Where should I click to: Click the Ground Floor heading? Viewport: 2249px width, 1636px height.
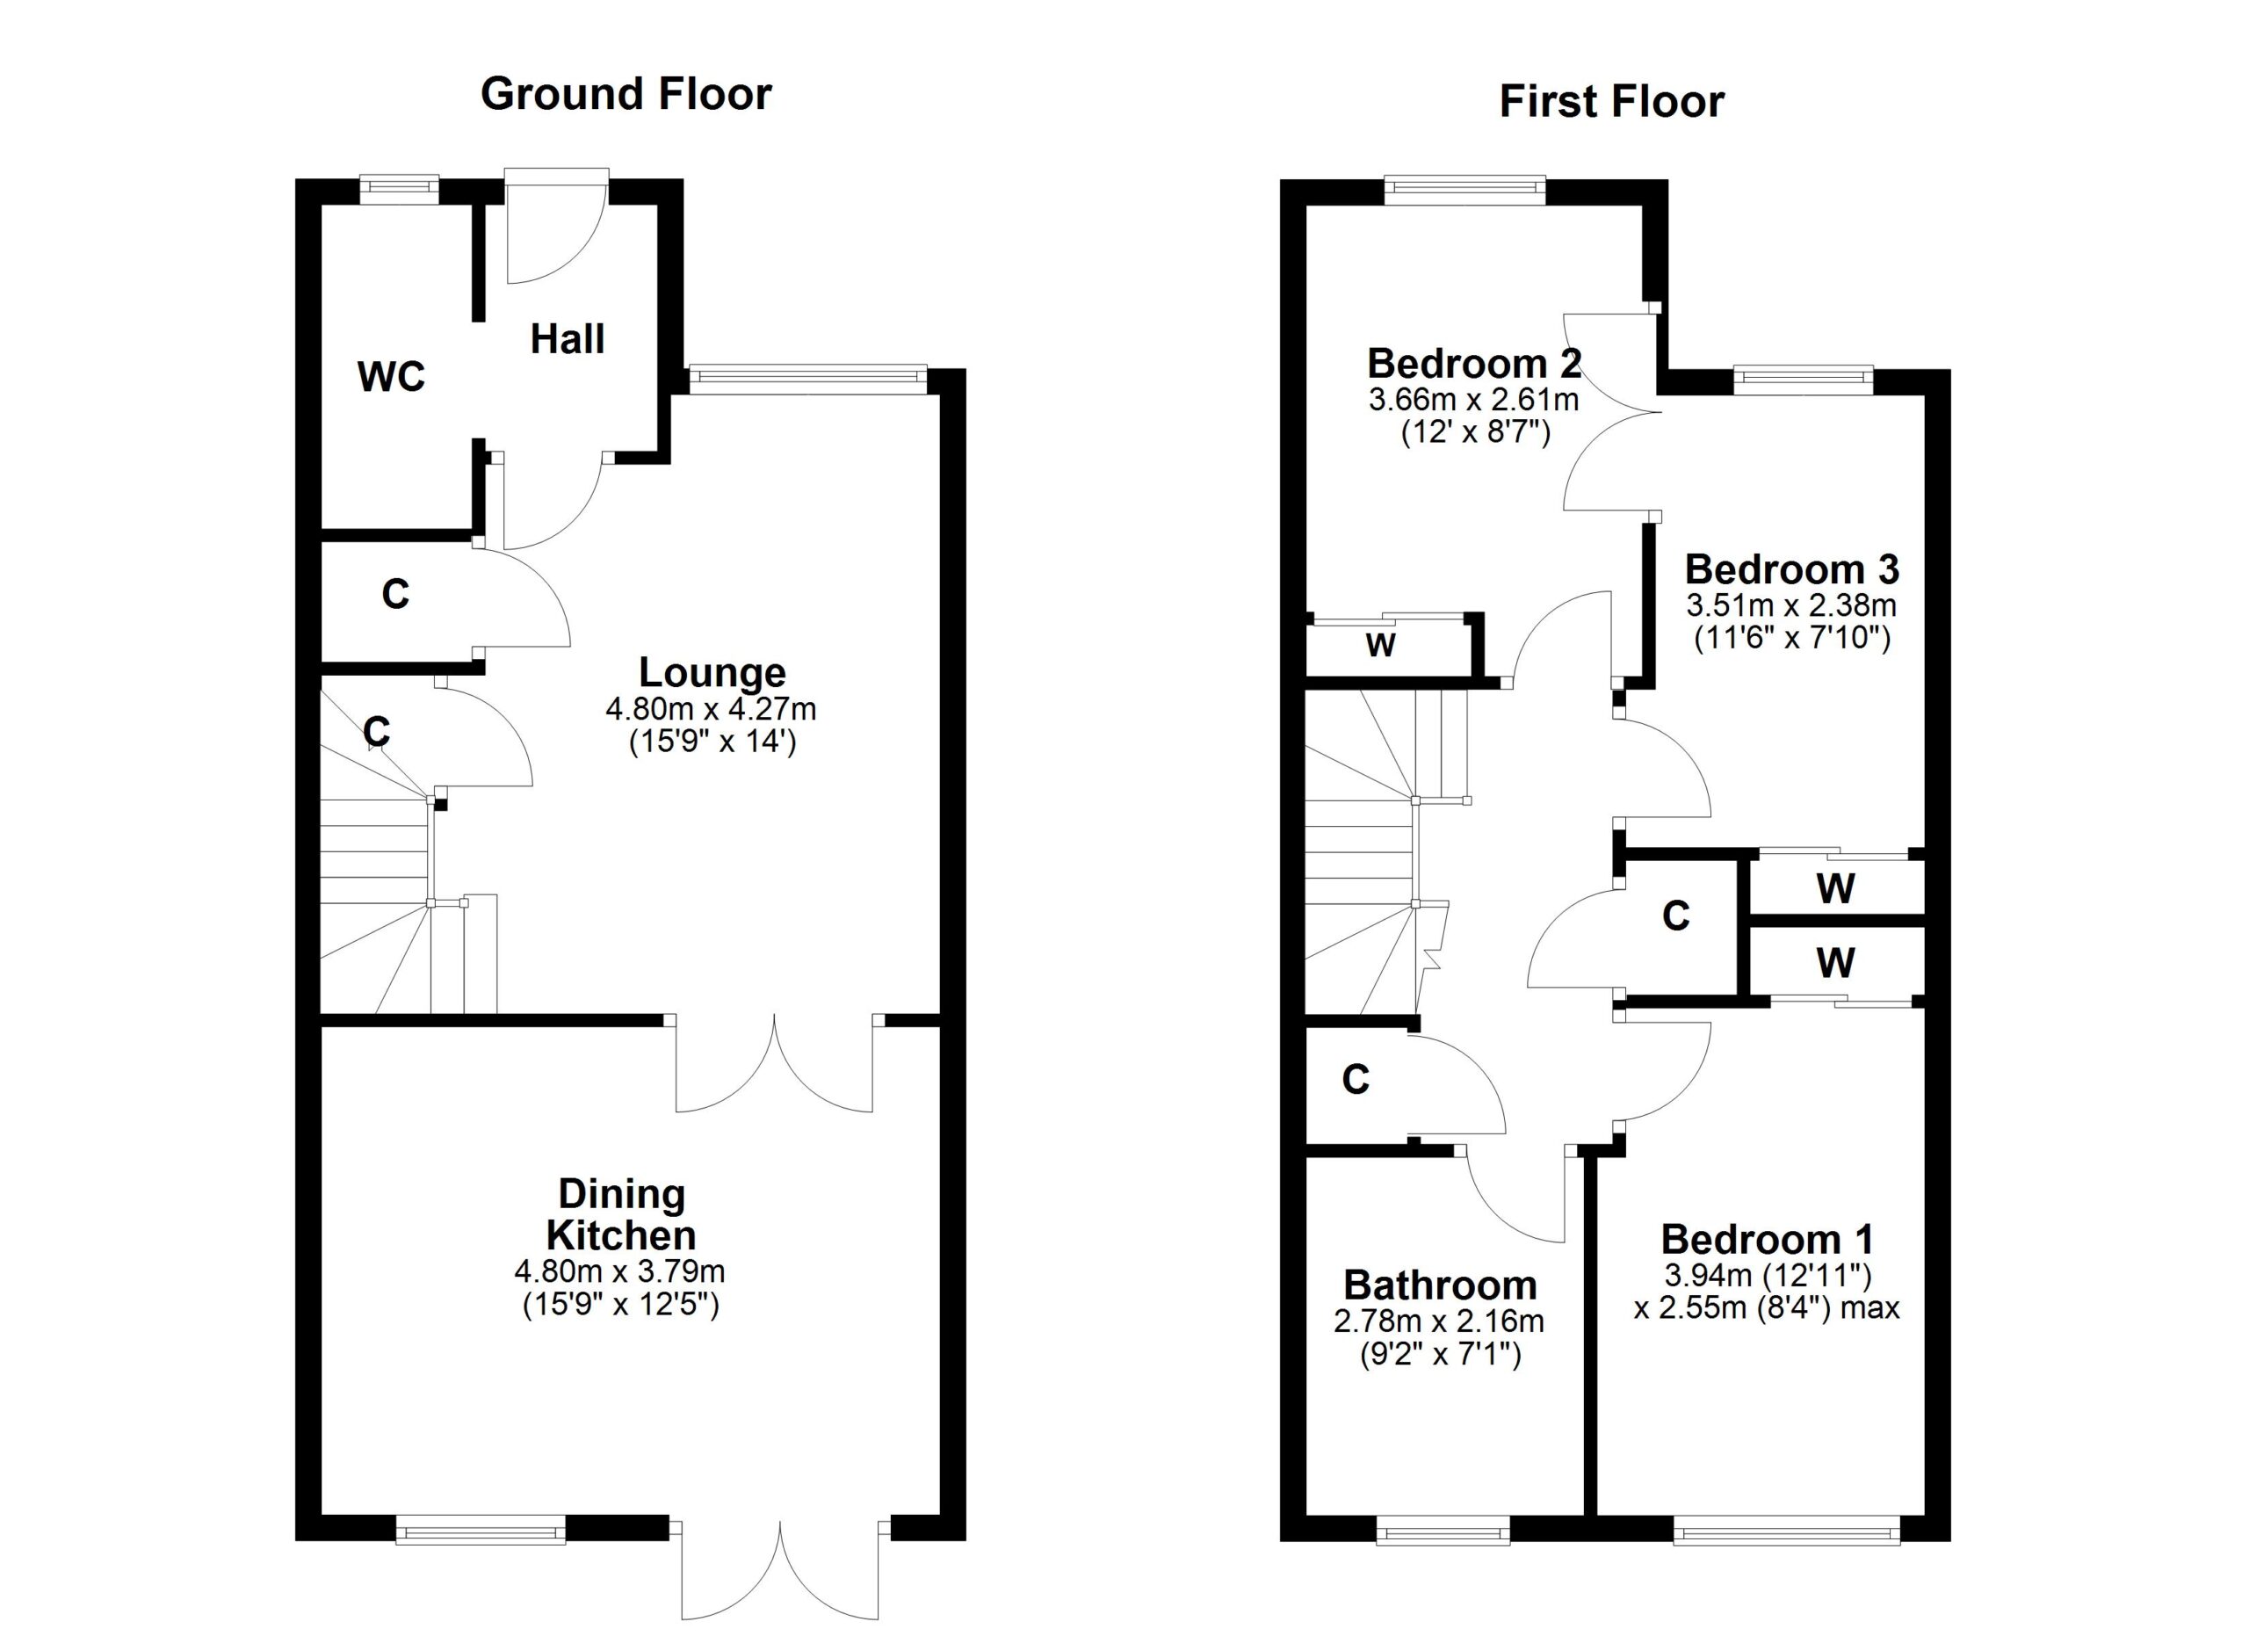tap(626, 94)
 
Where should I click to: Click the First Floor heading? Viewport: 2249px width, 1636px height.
tap(1611, 102)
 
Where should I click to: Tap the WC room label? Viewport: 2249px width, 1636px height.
tap(392, 377)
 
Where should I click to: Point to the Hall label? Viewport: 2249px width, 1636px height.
tap(568, 339)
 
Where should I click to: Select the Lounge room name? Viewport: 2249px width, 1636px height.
tap(712, 672)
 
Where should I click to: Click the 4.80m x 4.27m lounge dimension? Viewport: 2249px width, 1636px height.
tap(711, 709)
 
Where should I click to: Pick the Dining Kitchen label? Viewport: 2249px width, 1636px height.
tap(622, 1214)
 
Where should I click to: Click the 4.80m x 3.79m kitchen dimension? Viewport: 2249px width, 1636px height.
tap(619, 1271)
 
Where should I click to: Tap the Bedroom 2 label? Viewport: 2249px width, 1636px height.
tap(1474, 364)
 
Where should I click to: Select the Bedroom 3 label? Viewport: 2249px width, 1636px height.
tap(1792, 569)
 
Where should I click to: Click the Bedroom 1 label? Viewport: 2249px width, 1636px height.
tap(1767, 1240)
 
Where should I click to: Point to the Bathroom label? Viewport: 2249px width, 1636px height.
tap(1440, 1285)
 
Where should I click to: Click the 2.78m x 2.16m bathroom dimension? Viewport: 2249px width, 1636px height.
tap(1439, 1321)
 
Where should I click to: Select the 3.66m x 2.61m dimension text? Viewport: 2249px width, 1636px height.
tap(1473, 401)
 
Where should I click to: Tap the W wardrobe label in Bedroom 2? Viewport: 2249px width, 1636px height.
tap(1380, 646)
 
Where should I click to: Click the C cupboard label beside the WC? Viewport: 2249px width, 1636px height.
tap(394, 594)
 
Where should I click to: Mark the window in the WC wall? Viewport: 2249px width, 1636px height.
tap(399, 190)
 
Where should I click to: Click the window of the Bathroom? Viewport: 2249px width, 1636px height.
tap(1443, 1530)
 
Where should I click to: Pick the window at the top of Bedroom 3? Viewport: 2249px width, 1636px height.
tap(1803, 380)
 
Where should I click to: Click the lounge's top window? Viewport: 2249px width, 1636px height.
tap(807, 379)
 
